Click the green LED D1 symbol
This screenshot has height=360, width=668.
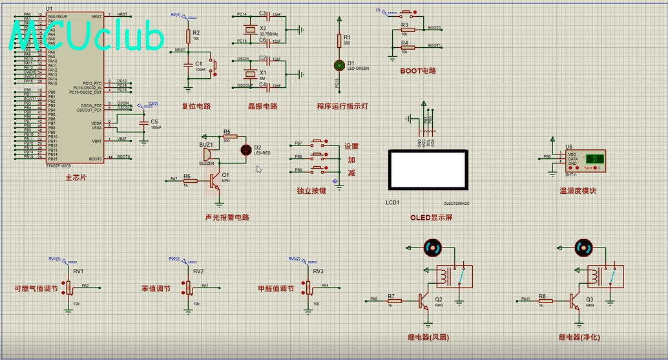click(339, 65)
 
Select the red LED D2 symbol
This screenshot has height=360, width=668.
click(245, 150)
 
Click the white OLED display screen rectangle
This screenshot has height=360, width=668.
click(426, 168)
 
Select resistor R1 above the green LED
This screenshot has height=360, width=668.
click(339, 40)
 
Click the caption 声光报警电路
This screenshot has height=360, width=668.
click(227, 217)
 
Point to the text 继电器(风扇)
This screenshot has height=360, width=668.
click(428, 337)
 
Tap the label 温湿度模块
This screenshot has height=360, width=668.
click(578, 191)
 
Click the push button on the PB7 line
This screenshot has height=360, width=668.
click(319, 143)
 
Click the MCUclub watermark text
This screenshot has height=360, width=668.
click(87, 37)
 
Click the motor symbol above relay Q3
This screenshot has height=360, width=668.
click(583, 247)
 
